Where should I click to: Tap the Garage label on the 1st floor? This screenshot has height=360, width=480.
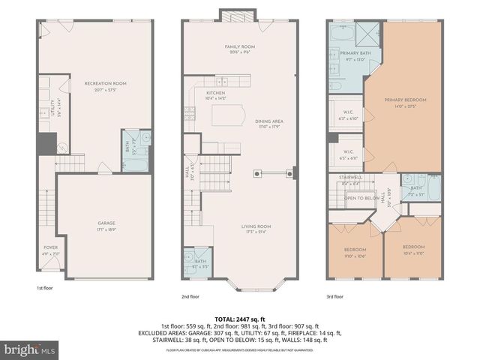pyautogui.click(x=105, y=223)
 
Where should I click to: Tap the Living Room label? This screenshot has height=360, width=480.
pyautogui.click(x=256, y=226)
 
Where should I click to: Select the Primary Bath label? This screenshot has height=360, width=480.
pyautogui.click(x=351, y=54)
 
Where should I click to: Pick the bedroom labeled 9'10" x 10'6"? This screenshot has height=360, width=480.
pyautogui.click(x=355, y=250)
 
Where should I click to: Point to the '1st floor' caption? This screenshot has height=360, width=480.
pyautogui.click(x=44, y=288)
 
